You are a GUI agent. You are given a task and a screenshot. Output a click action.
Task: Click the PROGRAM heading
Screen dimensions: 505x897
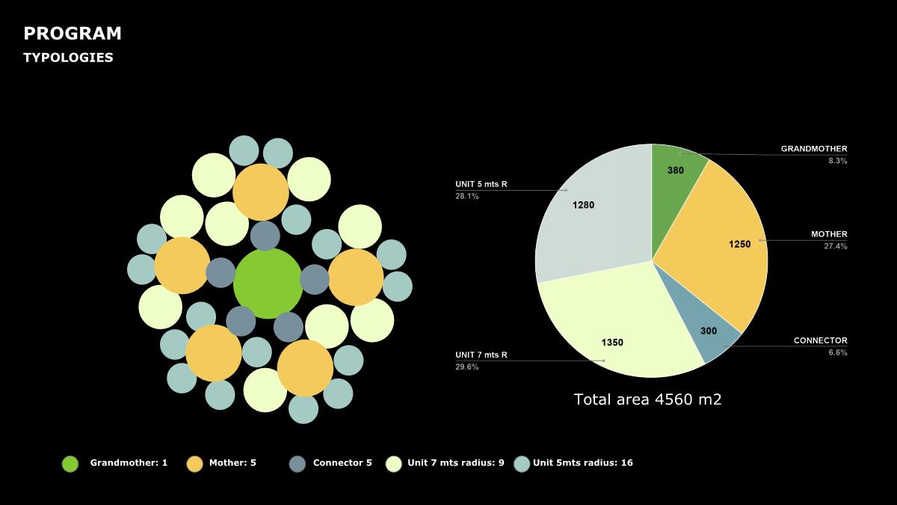click(72, 34)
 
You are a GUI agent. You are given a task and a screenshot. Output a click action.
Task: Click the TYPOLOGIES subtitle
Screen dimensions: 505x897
click(68, 58)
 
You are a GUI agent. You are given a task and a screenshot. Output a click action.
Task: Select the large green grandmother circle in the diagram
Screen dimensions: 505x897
click(268, 284)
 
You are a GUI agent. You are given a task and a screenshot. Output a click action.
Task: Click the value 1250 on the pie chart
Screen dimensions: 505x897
click(739, 244)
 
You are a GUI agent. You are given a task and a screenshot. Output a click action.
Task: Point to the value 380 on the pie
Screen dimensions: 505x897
click(675, 171)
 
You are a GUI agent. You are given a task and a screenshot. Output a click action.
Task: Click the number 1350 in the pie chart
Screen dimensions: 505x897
click(612, 343)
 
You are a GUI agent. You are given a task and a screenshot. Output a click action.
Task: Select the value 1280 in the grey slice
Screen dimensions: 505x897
click(583, 205)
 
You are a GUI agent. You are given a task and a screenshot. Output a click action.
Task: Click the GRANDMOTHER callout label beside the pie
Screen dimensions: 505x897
click(814, 149)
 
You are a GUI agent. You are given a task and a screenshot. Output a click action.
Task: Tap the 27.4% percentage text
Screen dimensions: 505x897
click(835, 246)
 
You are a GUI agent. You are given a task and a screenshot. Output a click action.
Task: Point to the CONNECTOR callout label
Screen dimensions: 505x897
click(820, 340)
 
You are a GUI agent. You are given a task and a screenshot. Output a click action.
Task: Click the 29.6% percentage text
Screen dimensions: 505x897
click(467, 367)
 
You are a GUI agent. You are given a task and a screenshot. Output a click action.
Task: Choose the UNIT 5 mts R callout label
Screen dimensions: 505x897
click(481, 184)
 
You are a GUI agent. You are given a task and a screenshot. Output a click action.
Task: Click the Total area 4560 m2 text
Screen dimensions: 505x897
click(647, 400)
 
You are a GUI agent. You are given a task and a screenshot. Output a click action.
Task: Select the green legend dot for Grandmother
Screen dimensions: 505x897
click(70, 464)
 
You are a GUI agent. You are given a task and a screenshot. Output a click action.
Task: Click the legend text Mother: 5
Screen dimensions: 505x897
click(232, 463)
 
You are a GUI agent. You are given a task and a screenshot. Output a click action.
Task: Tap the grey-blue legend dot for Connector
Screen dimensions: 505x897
click(297, 464)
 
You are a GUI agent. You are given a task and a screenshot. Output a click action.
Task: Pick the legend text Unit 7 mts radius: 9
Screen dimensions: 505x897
click(455, 463)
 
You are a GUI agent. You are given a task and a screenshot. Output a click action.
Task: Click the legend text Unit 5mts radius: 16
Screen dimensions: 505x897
click(582, 463)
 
